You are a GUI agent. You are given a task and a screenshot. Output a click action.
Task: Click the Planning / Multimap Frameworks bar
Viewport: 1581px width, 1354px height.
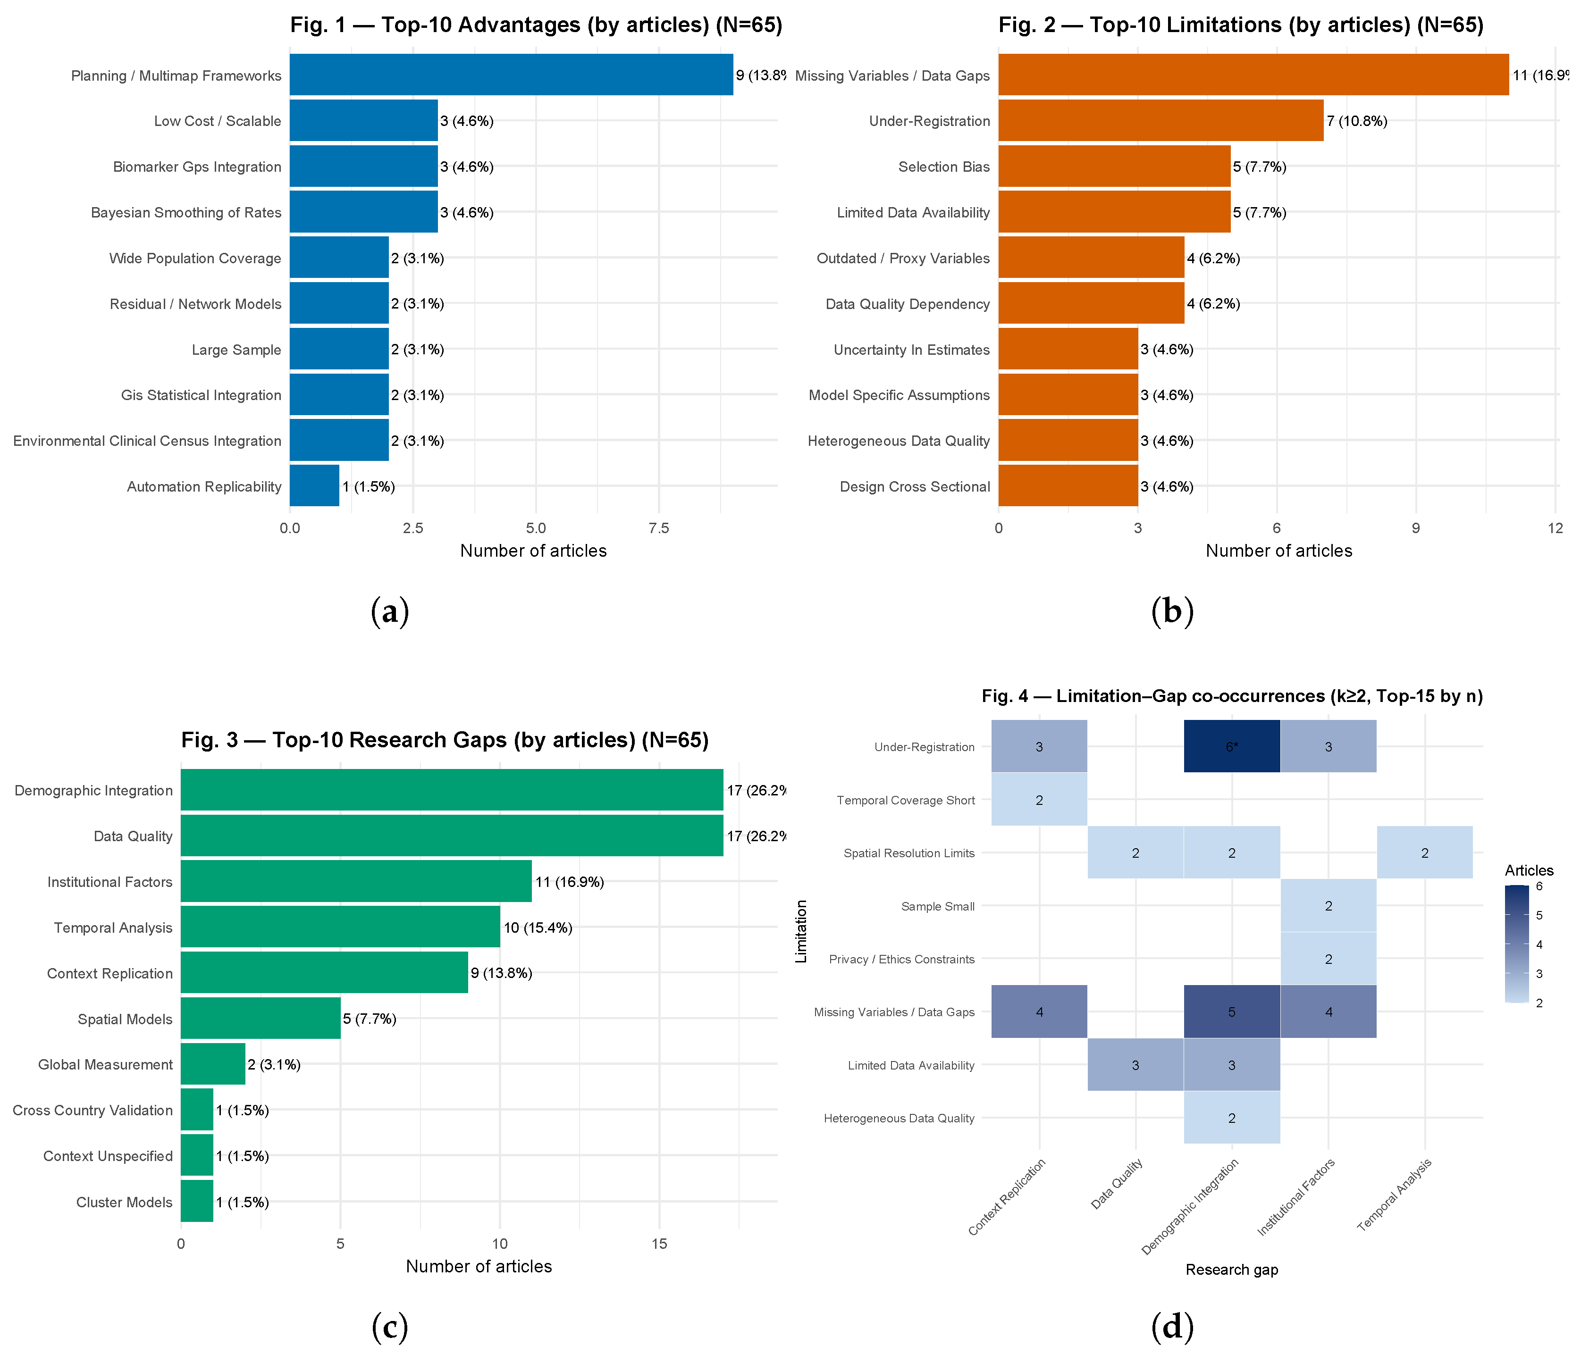[511, 75]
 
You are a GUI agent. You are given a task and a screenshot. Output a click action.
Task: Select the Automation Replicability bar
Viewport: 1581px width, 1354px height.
[314, 486]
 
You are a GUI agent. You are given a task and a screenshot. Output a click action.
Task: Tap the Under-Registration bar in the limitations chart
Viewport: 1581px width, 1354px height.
[1160, 120]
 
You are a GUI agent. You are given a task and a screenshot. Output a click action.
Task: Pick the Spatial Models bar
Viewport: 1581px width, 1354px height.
[260, 1019]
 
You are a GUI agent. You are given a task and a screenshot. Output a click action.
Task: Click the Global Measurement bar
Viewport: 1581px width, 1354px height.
[213, 1064]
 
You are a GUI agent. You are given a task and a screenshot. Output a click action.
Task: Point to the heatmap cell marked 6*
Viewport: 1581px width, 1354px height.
[1232, 747]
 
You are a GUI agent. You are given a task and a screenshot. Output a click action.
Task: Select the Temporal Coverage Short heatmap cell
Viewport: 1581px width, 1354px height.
[1039, 800]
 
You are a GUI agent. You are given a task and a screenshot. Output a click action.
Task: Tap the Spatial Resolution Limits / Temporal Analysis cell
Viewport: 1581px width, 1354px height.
[1425, 853]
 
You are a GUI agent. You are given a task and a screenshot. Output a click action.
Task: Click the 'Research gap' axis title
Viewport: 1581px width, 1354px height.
[1232, 1270]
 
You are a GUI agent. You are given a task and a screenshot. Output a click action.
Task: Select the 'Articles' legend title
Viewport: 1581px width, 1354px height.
[1528, 870]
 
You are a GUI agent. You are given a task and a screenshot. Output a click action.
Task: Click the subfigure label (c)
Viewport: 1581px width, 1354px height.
[390, 1327]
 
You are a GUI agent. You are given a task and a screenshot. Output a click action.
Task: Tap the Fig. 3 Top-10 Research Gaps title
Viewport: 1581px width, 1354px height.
[445, 740]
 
